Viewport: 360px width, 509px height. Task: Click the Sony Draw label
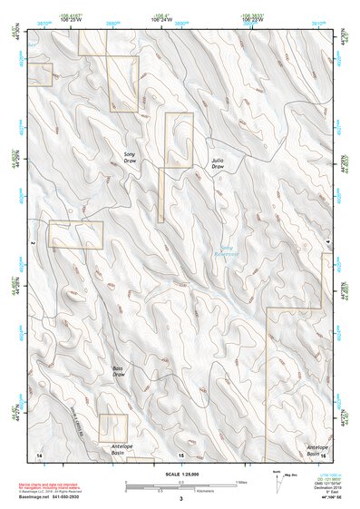click(130, 159)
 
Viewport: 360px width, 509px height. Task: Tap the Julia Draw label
click(218, 163)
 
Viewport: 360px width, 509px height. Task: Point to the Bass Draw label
click(118, 371)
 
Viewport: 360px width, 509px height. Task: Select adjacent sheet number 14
click(38, 454)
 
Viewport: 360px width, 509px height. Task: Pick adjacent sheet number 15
click(181, 455)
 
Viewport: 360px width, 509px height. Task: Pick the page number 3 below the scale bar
click(180, 500)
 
